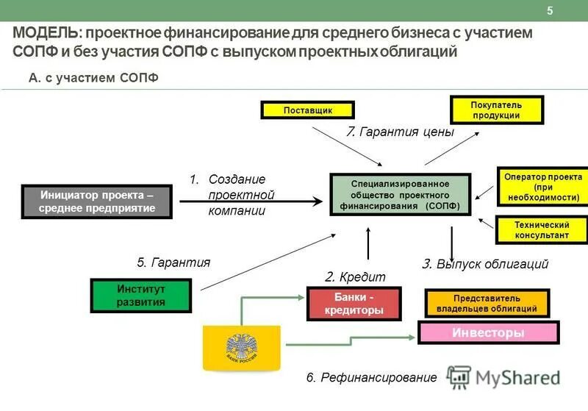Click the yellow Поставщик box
point(308,110)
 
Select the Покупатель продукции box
point(496,110)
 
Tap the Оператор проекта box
point(542,187)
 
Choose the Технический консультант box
point(542,229)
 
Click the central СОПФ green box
point(399,195)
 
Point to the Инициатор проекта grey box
point(98,201)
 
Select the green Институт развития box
point(140,296)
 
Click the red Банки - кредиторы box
point(354,304)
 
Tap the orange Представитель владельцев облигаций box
point(487,304)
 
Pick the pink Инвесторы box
point(487,333)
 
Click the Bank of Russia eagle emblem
point(240,346)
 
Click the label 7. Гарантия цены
point(400,132)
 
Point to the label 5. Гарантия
point(173,262)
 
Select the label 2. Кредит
point(355,276)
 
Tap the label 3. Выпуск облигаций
point(485,264)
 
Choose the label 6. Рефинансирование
point(371,378)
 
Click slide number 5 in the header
point(550,10)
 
